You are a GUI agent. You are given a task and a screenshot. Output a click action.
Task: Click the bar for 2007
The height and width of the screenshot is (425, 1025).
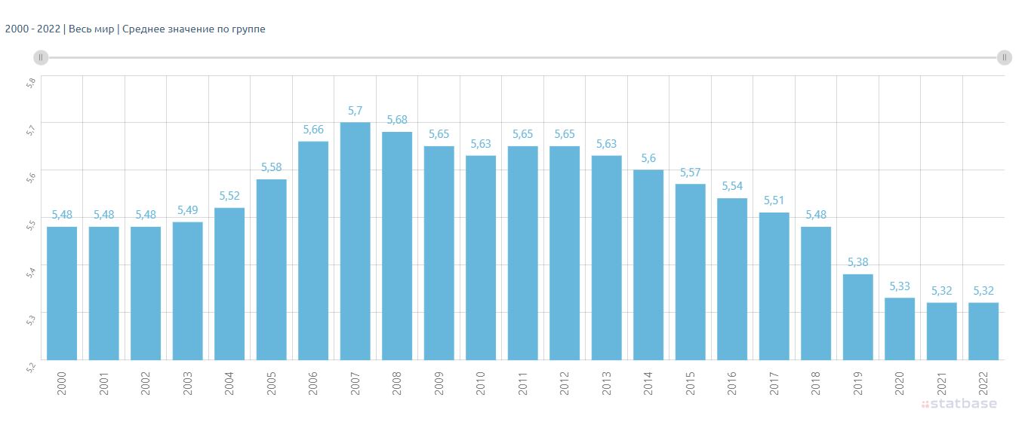[355, 241]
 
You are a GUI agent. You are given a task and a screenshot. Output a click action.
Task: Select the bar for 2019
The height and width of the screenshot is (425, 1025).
[858, 317]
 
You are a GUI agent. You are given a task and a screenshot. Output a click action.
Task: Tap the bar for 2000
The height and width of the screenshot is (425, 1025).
[62, 293]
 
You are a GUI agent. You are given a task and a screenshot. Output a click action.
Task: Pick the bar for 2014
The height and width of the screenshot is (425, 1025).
[648, 265]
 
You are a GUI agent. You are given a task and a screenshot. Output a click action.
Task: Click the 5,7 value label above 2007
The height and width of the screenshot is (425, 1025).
[355, 111]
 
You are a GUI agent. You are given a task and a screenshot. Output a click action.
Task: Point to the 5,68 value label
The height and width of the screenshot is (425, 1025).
[397, 120]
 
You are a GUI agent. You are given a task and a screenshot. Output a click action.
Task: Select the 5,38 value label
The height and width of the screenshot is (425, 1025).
[858, 262]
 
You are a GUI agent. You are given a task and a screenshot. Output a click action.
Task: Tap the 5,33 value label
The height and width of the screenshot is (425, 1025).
[900, 286]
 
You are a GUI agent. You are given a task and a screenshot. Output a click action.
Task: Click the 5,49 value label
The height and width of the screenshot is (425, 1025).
[188, 210]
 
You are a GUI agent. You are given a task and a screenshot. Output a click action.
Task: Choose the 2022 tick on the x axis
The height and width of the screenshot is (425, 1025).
[983, 383]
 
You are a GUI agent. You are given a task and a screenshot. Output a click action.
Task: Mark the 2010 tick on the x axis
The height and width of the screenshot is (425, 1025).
[481, 383]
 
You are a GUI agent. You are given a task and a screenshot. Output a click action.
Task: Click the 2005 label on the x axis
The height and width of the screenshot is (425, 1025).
[272, 383]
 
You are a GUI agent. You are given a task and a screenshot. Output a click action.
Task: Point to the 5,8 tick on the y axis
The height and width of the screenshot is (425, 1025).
[30, 83]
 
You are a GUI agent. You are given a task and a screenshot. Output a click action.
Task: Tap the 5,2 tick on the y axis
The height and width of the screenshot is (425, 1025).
[30, 367]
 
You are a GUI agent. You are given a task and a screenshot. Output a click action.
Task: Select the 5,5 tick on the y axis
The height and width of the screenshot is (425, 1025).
[30, 225]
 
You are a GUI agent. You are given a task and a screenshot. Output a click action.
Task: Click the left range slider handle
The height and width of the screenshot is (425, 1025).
[41, 57]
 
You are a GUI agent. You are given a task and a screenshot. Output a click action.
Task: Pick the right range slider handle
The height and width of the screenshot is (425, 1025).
[1005, 57]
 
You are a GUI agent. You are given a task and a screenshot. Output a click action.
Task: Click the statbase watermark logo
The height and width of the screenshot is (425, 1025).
[959, 403]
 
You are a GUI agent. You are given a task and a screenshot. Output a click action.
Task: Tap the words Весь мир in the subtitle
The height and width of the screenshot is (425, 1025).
[91, 29]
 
